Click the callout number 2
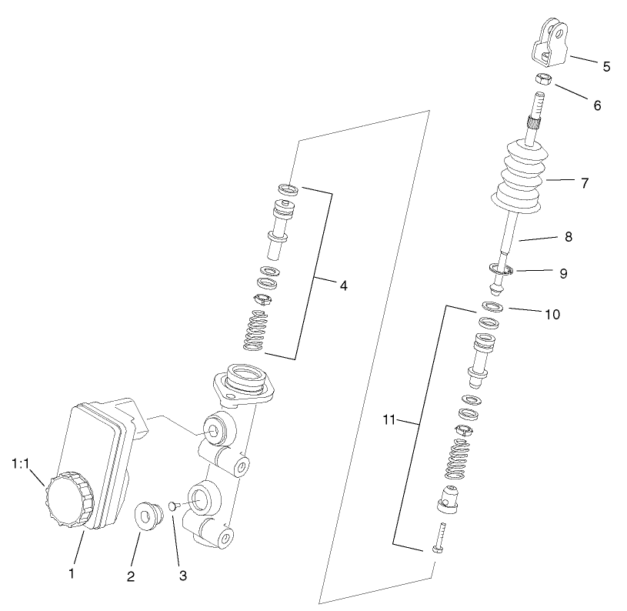pos(131,576)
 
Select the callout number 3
pos(182,575)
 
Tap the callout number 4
pos(343,285)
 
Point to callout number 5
pos(606,66)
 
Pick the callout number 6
pos(596,105)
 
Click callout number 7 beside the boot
pos(584,183)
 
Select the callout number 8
pos(568,237)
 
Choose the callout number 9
pos(563,273)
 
